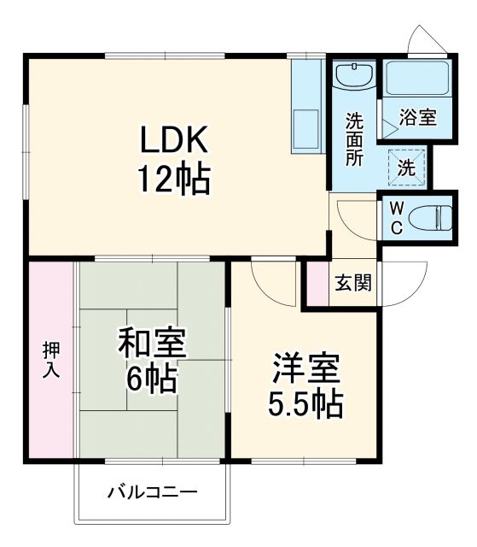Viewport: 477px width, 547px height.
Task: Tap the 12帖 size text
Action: (175, 179)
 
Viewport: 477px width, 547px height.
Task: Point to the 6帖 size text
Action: (151, 376)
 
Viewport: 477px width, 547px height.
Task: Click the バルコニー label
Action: (153, 493)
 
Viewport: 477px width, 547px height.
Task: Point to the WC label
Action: (397, 218)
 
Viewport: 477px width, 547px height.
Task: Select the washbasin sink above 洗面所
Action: (352, 75)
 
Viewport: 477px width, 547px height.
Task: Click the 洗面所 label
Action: (353, 139)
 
